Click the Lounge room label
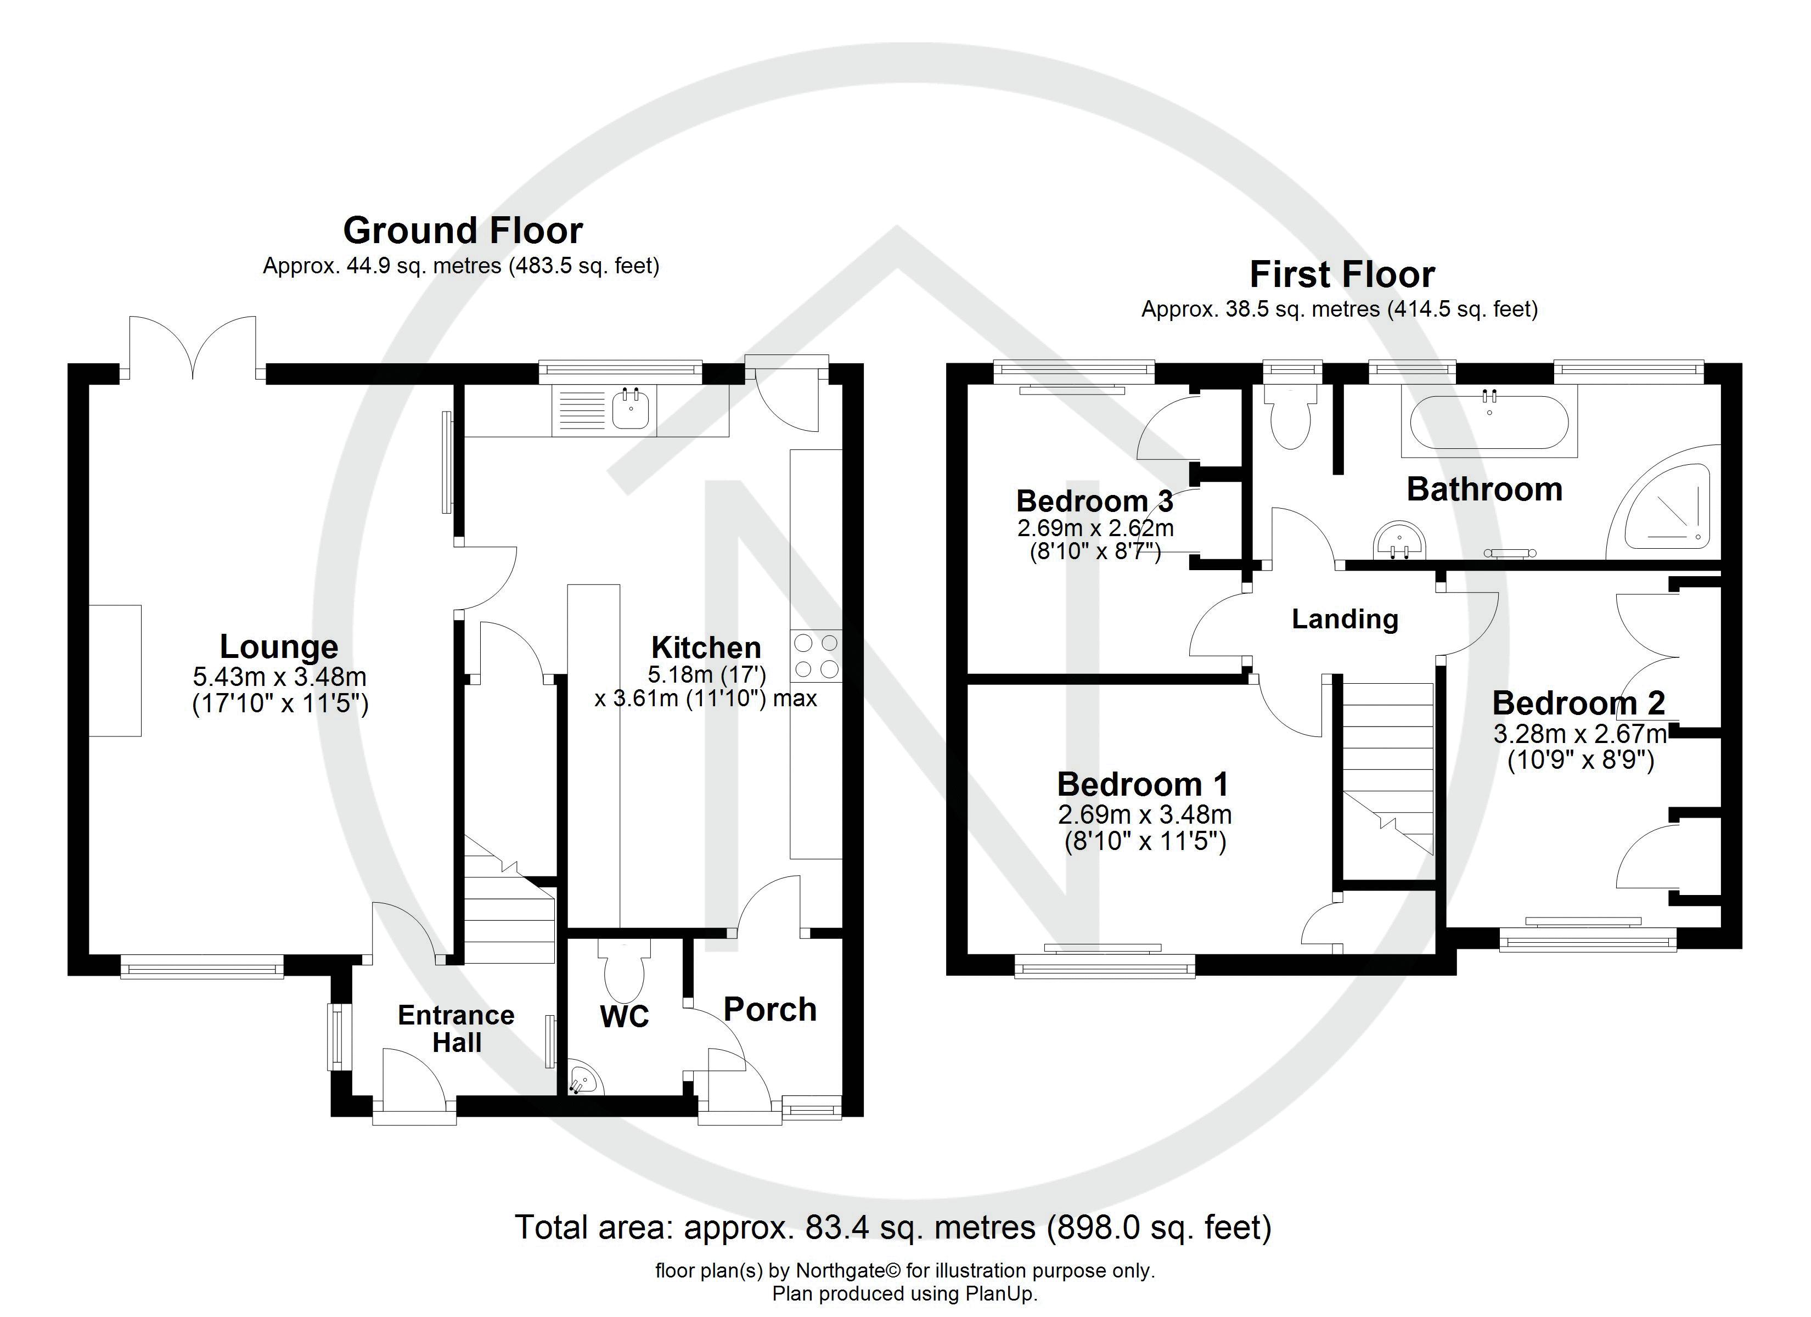tap(279, 646)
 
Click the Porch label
tap(770, 1010)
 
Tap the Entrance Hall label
tap(456, 1029)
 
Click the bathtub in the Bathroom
tap(1489, 424)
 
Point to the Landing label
tap(1345, 619)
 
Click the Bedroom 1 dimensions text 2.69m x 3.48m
tap(1144, 815)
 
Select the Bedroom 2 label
tap(1579, 703)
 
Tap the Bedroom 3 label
tap(1094, 501)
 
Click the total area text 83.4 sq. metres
tap(893, 1227)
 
